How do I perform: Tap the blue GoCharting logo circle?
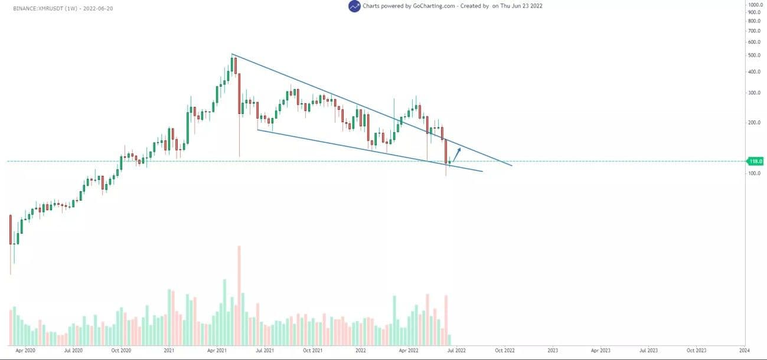coord(354,6)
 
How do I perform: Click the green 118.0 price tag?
coord(756,161)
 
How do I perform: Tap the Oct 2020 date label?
coord(120,350)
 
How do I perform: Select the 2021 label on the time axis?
coord(168,350)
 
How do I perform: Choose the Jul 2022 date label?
coord(456,350)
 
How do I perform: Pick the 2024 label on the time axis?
coord(744,350)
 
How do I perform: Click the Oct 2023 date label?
coord(696,350)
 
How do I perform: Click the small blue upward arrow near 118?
coord(456,153)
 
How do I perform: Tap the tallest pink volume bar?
coord(239,295)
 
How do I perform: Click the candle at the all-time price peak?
coord(234,65)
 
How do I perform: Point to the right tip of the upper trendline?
coord(511,165)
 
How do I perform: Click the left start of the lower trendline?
coord(258,130)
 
